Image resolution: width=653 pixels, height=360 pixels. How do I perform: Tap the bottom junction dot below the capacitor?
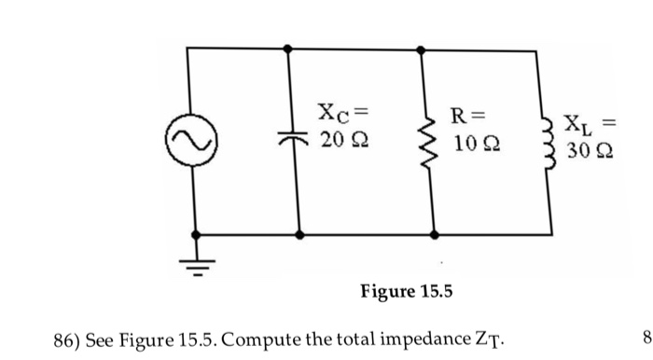pos(299,236)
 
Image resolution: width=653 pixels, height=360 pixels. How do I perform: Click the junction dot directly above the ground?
pos(195,236)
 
